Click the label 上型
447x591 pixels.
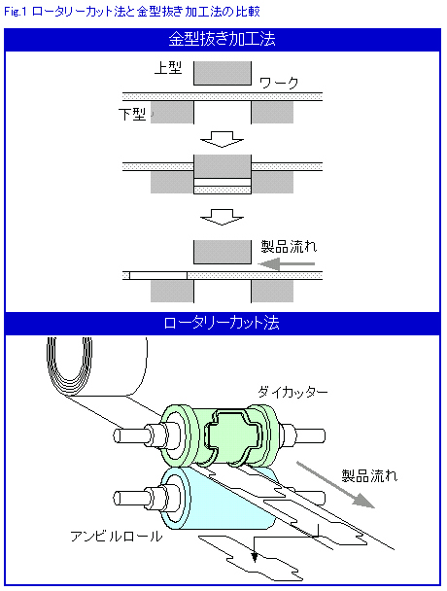pos(168,68)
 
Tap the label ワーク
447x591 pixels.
pos(279,83)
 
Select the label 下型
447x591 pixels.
pos(132,114)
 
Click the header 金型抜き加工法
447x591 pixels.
pos(222,39)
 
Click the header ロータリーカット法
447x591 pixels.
pos(222,324)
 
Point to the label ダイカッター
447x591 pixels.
pos(292,392)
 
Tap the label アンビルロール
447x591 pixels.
pos(116,536)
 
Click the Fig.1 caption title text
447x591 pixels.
pos(132,12)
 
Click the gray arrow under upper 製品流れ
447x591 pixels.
pos(287,263)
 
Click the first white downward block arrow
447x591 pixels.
pos(222,139)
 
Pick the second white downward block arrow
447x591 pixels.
pos(222,218)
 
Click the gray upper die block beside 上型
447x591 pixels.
pos(223,73)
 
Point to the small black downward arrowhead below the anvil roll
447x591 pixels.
pos(255,557)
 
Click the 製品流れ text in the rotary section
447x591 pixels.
pos(369,475)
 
